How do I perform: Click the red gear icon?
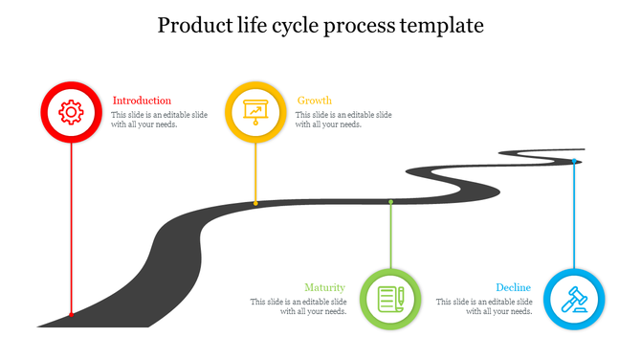pos(71,112)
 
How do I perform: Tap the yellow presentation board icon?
pos(254,112)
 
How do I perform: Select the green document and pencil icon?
pos(390,299)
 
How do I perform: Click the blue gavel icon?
pos(574,299)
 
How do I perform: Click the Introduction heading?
pos(142,101)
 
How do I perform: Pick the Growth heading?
pos(315,101)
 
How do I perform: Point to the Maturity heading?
pos(324,287)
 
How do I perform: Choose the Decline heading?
pos(514,287)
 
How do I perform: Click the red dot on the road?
pos(71,314)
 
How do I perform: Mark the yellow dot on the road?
pos(255,203)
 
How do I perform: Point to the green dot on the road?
pos(390,202)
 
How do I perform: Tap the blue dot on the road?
pos(574,161)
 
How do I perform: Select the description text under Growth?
pos(343,120)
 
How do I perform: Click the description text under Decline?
pos(484,306)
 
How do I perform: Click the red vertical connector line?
pos(71,230)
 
